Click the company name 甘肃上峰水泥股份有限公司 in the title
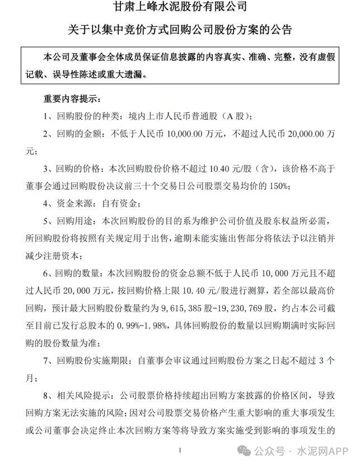point(179,8)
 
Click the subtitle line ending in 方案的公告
point(179,29)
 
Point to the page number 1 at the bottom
point(179,449)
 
